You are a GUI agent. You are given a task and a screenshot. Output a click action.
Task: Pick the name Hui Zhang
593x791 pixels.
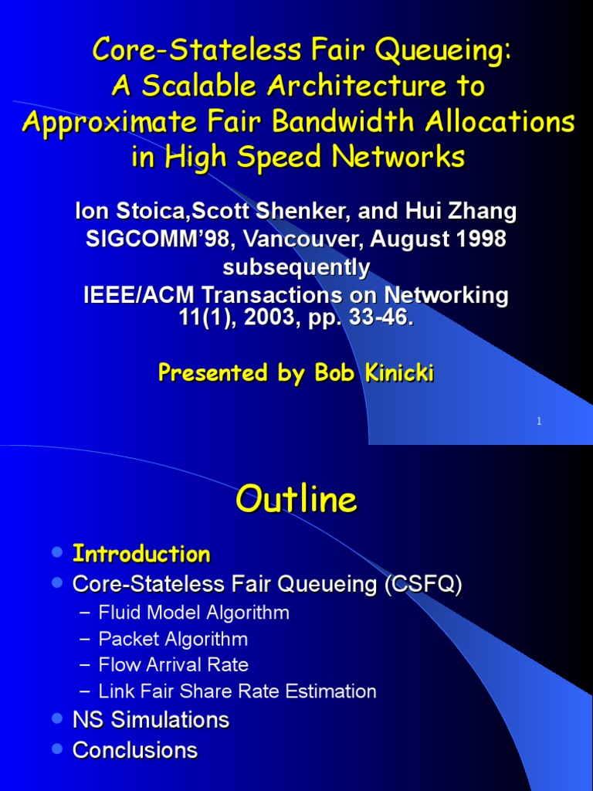(x=463, y=210)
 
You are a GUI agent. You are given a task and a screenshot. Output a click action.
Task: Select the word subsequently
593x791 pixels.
(x=296, y=267)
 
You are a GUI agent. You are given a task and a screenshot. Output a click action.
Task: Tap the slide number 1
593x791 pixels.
(x=539, y=421)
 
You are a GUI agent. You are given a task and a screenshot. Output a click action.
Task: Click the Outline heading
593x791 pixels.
(x=296, y=500)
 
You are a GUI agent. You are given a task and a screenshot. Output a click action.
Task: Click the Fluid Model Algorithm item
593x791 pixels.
(x=194, y=613)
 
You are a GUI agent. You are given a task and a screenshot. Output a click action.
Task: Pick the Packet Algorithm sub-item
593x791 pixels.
(x=173, y=639)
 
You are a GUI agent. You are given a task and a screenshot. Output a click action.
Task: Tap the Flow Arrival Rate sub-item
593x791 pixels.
(x=174, y=664)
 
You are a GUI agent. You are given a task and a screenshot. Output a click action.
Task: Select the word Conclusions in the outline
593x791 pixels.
(x=135, y=749)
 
